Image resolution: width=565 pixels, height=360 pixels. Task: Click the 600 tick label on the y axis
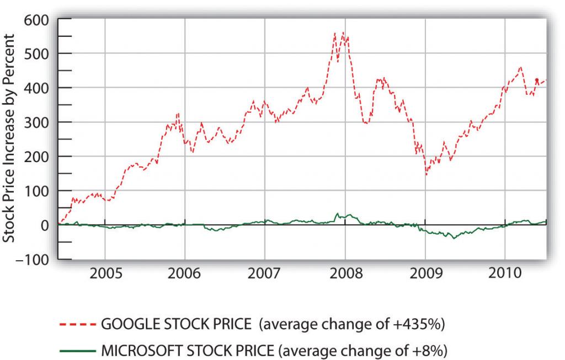[37, 19]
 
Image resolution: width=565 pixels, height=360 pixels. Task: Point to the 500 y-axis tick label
[37, 53]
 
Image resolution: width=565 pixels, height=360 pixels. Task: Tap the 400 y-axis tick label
[37, 88]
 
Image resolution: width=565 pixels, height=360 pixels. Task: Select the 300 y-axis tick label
[37, 122]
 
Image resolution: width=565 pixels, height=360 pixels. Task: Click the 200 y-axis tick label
[37, 157]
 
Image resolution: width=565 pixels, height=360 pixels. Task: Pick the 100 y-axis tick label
[37, 191]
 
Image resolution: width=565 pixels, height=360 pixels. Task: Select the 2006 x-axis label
[185, 273]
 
